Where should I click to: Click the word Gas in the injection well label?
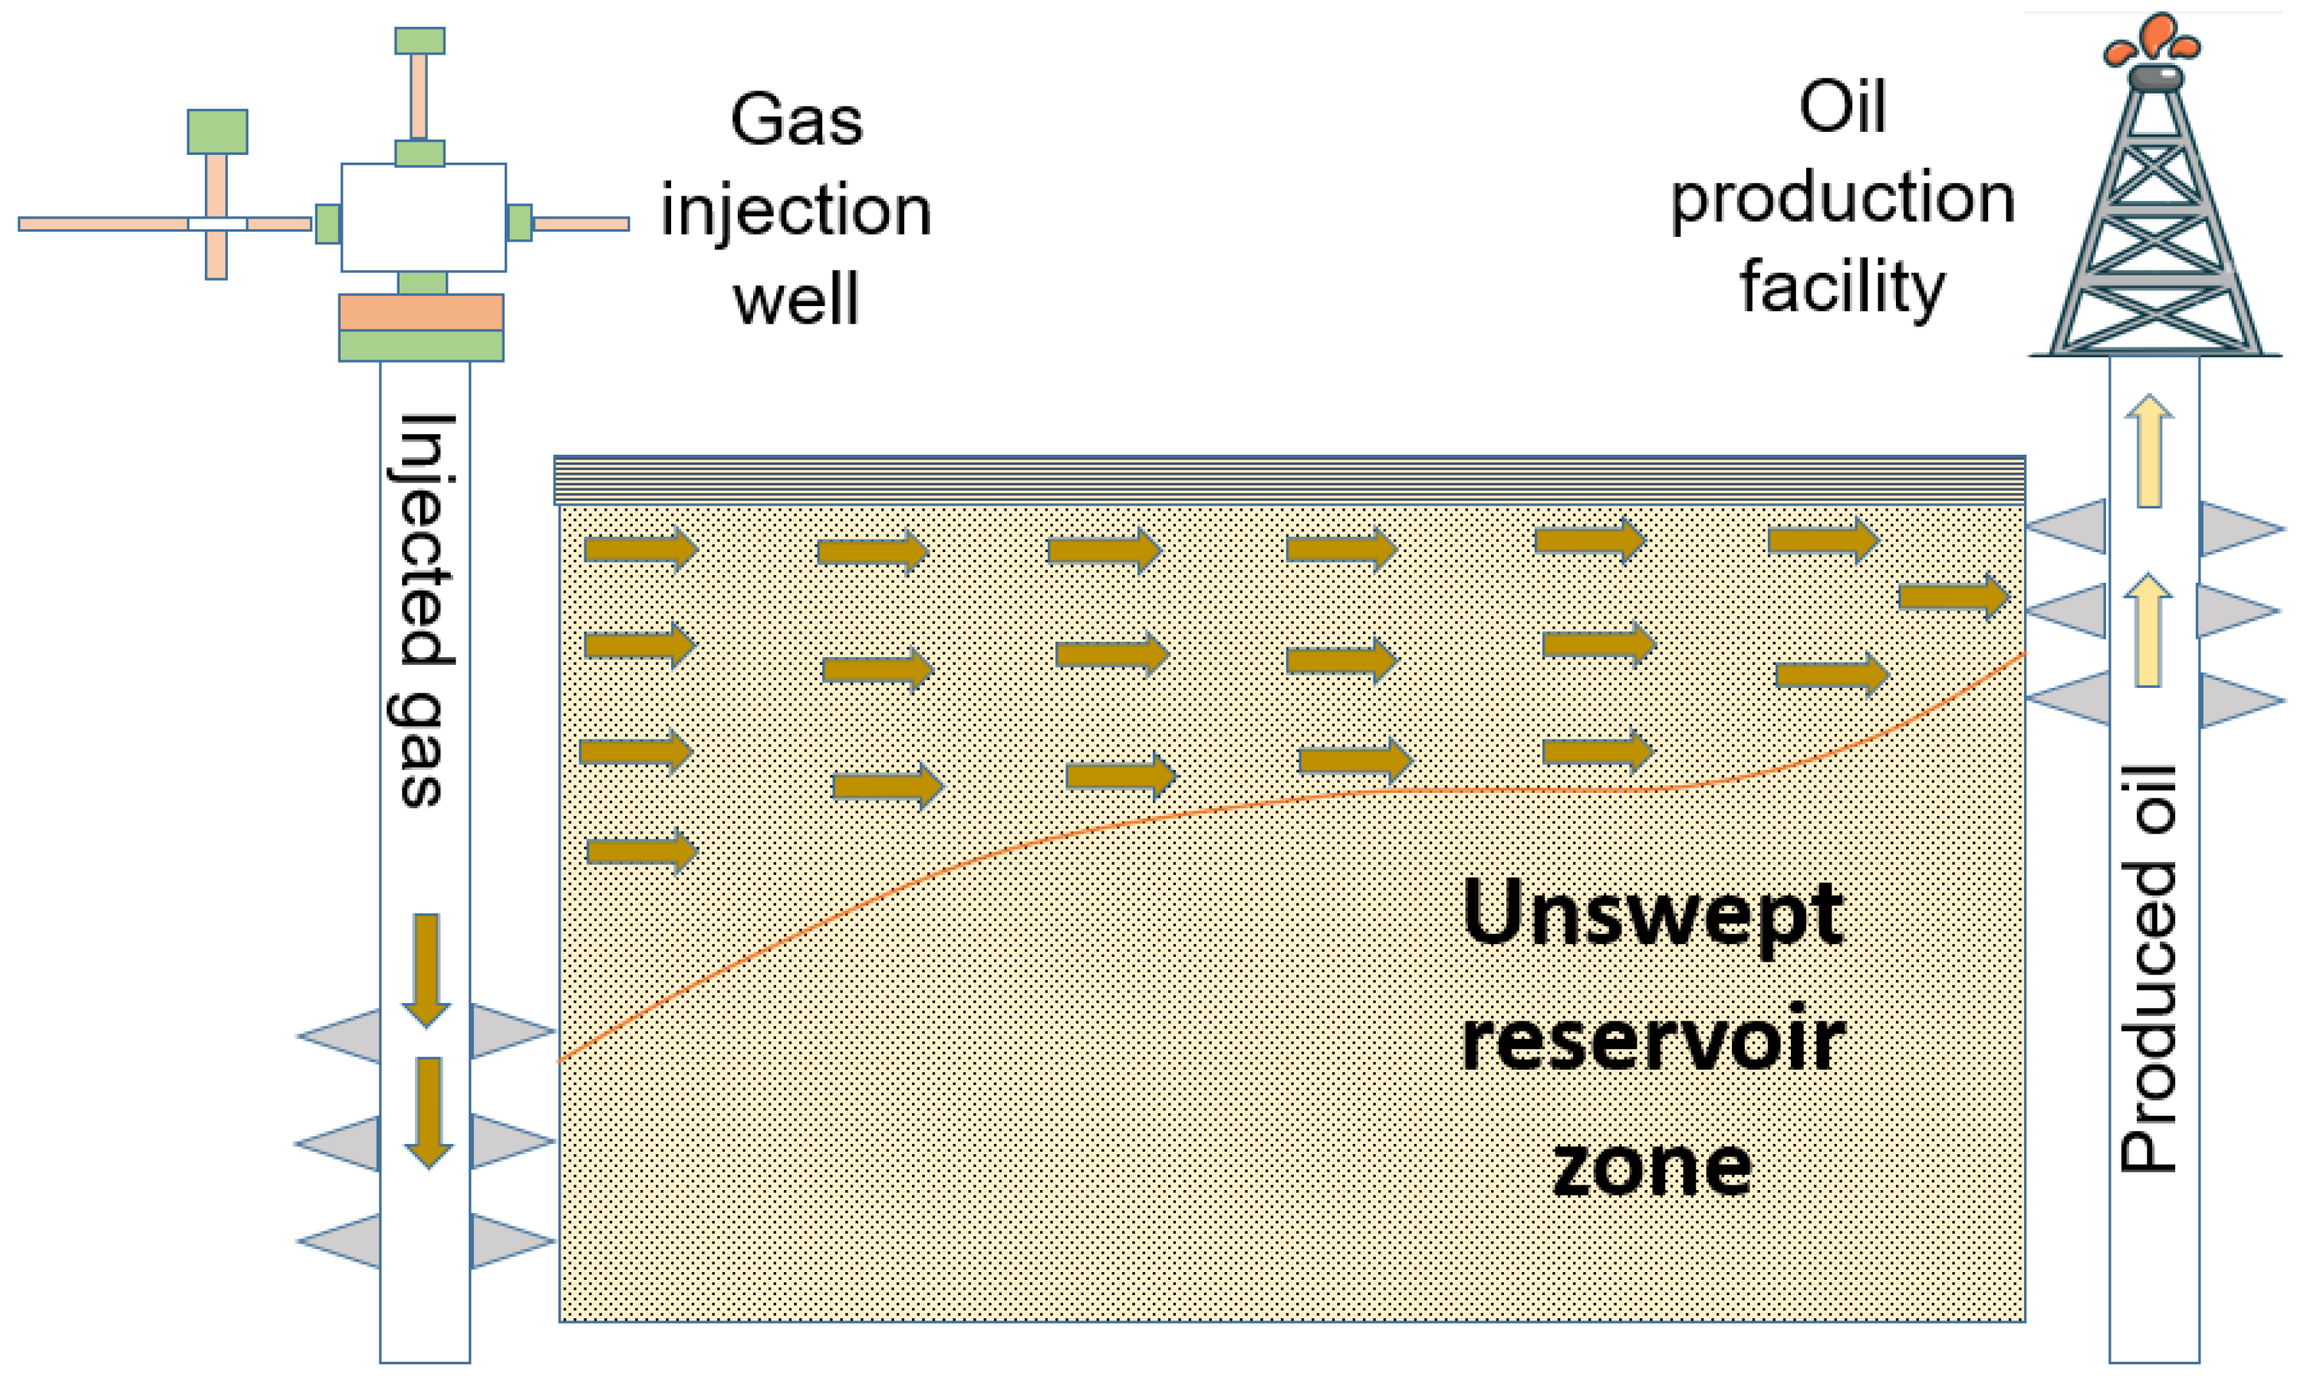click(796, 120)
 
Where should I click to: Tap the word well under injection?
click(796, 299)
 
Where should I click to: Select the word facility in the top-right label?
click(1842, 286)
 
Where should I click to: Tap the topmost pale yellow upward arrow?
click(2149, 451)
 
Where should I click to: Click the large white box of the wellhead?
click(423, 217)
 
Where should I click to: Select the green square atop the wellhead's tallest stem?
click(420, 40)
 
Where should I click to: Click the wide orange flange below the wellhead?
click(421, 312)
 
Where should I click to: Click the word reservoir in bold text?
click(1652, 1042)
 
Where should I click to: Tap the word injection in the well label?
click(796, 209)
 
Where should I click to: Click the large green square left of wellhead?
click(217, 131)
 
